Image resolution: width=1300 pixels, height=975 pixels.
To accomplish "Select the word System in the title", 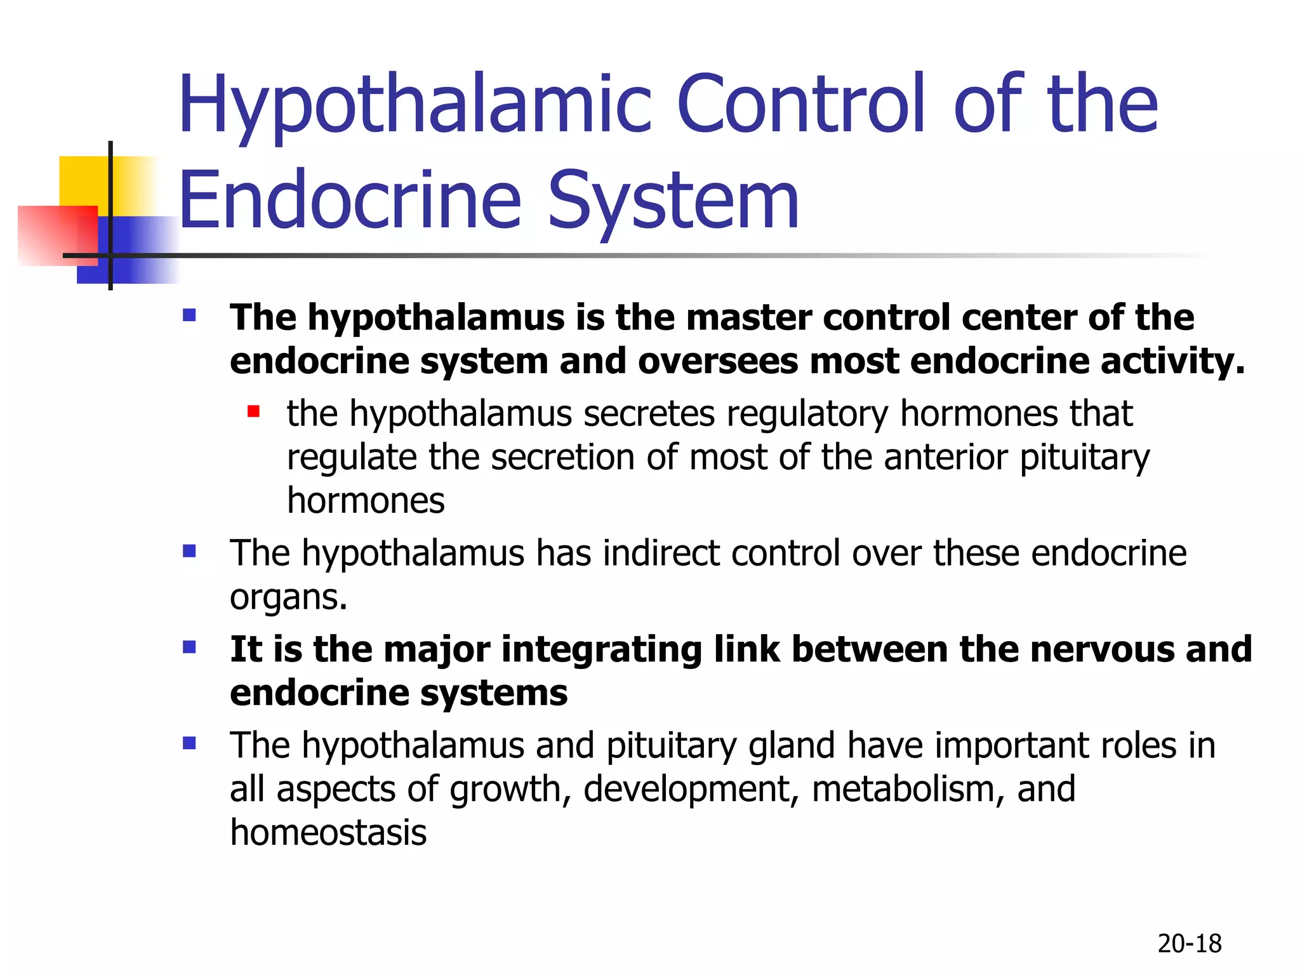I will coord(673,202).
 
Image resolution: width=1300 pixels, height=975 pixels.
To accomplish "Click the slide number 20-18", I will coord(1189,944).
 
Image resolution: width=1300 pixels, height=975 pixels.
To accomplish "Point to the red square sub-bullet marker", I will coord(254,412).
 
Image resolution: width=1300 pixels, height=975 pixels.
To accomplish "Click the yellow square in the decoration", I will coord(83,181).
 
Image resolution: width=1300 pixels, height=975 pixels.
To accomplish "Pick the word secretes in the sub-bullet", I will coord(649,414).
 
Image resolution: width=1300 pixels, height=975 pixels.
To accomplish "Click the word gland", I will coord(792,746).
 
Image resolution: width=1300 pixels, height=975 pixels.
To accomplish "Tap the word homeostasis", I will coord(328,833).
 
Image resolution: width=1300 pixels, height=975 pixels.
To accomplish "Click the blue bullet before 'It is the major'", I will coord(189,647).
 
